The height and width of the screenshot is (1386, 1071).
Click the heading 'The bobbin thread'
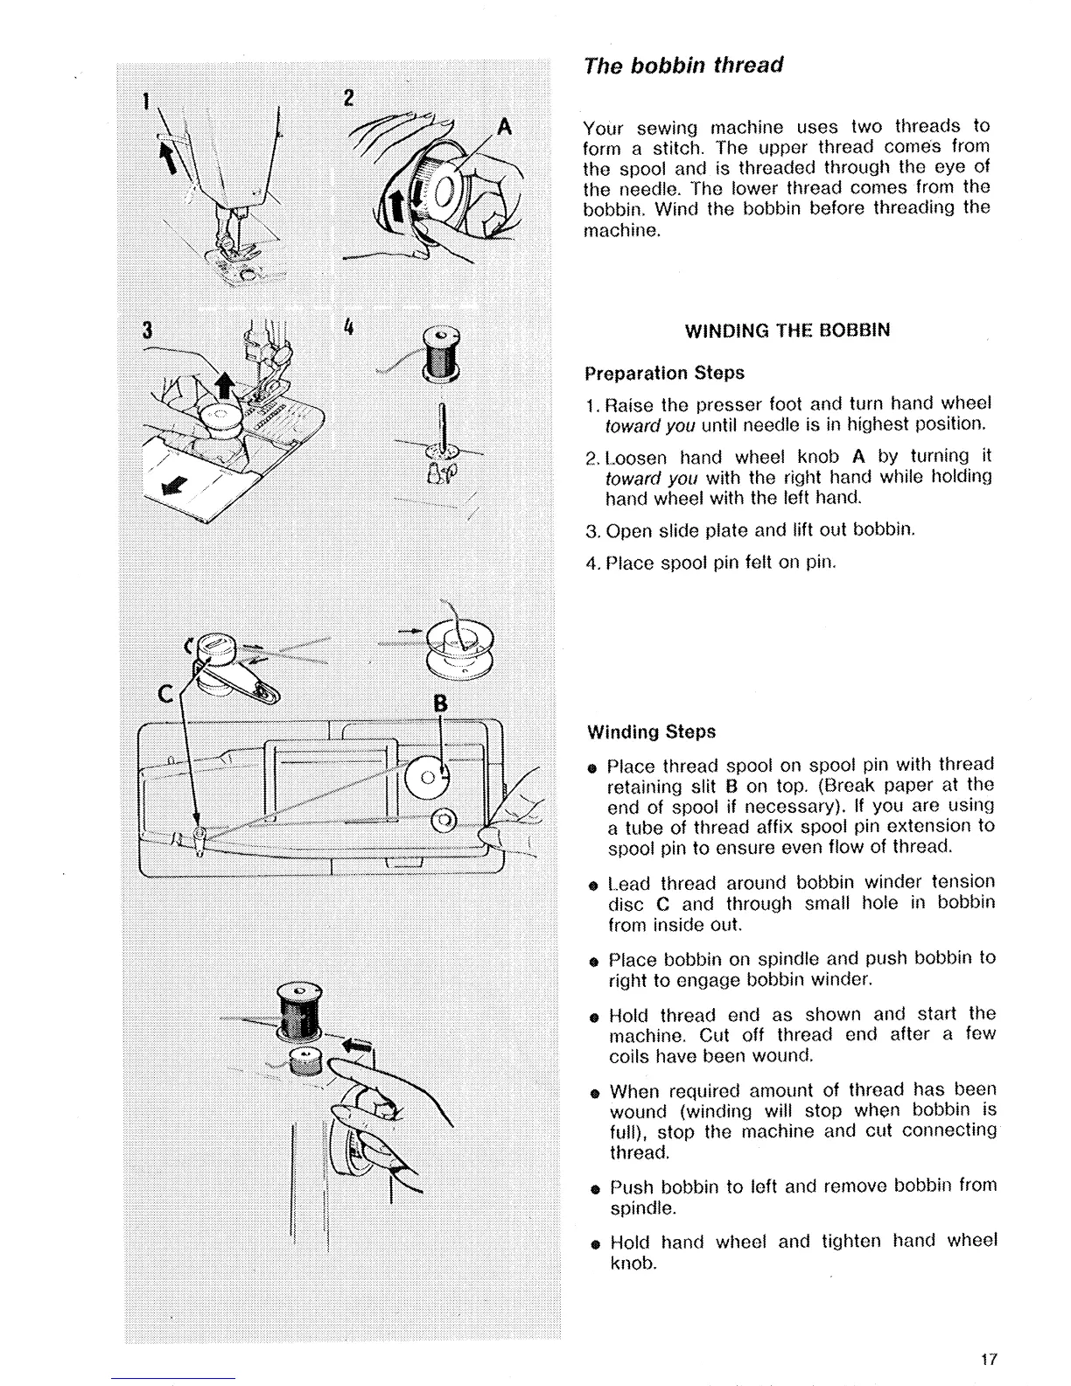682,66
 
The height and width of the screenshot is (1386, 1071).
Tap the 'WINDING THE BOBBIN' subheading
787,331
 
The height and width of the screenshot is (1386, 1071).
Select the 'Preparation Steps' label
664,373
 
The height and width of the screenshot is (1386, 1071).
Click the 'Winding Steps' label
651,731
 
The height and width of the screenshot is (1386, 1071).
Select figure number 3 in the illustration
147,331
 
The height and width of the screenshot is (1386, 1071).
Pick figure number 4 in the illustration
348,328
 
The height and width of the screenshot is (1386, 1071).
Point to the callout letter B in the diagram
440,703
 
